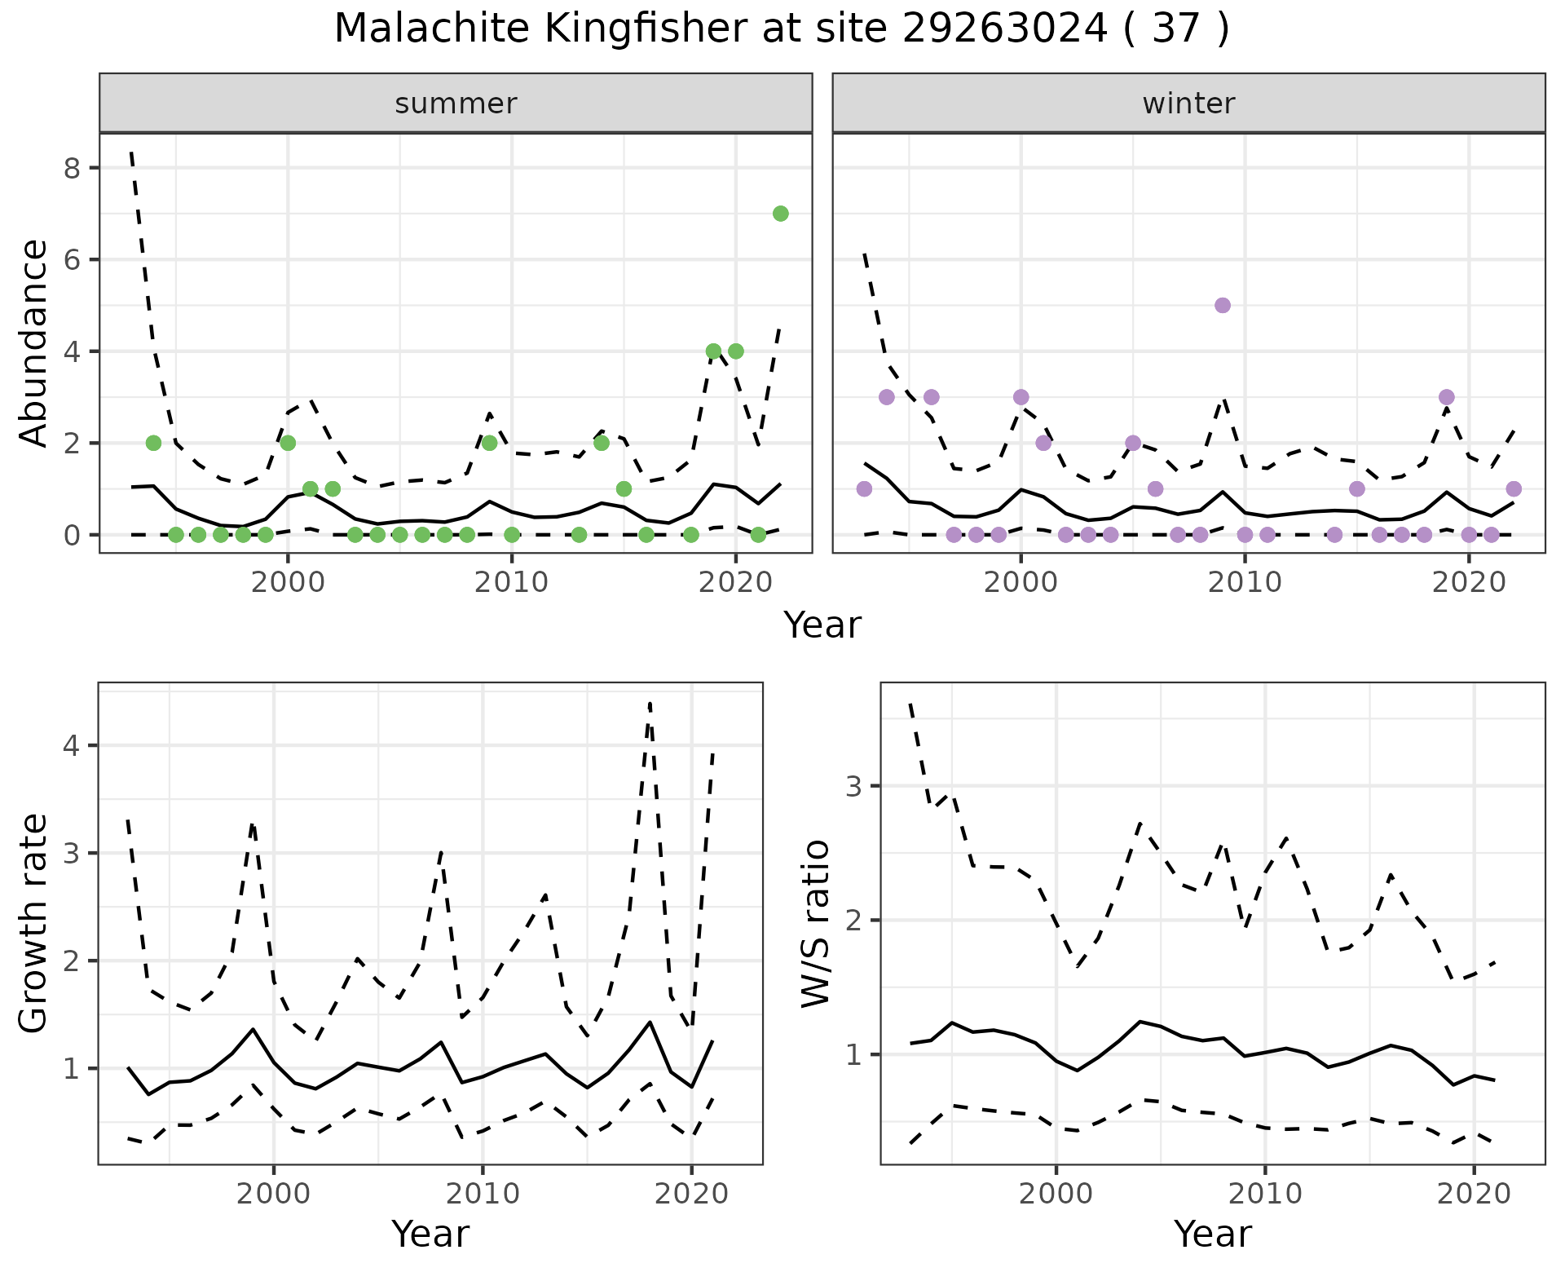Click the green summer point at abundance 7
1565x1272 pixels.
[x=780, y=214]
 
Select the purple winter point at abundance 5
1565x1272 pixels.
[x=1222, y=305]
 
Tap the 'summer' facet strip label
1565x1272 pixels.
[x=456, y=104]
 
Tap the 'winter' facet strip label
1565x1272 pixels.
[x=1188, y=104]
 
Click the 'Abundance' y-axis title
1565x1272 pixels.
[x=33, y=342]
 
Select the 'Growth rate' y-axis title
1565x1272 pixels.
[x=33, y=924]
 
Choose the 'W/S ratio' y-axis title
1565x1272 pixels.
[x=816, y=924]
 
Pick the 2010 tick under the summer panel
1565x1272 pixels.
[x=511, y=583]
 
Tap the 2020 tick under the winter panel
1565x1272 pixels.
[x=1468, y=583]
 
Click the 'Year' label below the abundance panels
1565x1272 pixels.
[x=822, y=625]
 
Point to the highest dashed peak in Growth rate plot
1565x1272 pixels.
[x=650, y=703]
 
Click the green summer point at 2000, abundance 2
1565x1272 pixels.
[x=288, y=443]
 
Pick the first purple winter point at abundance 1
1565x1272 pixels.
[x=864, y=488]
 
